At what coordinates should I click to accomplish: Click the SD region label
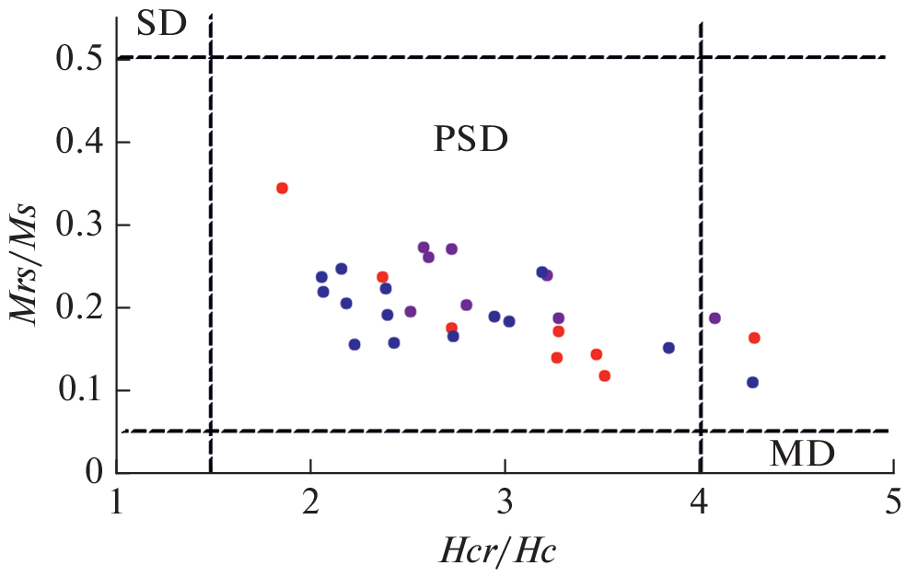tap(161, 24)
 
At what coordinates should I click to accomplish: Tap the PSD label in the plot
tap(470, 140)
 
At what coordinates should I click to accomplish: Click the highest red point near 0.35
tap(282, 188)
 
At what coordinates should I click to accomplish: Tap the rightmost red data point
tap(754, 338)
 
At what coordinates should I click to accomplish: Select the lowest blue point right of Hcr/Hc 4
tap(752, 382)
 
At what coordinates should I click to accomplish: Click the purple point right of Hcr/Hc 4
tap(714, 317)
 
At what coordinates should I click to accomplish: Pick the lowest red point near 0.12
tap(604, 375)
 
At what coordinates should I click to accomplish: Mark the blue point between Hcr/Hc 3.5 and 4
tap(668, 348)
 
